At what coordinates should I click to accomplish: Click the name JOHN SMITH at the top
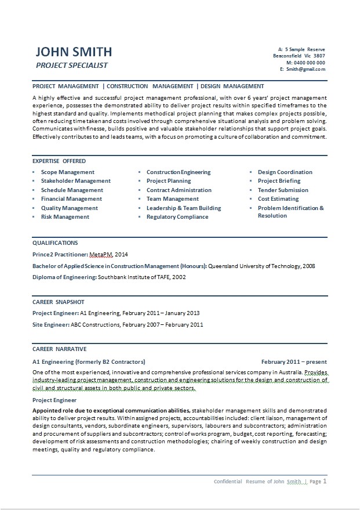(x=73, y=52)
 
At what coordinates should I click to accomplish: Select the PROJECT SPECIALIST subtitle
(x=72, y=65)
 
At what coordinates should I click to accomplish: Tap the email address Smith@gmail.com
(x=305, y=69)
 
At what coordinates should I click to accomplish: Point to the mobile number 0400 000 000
(x=309, y=63)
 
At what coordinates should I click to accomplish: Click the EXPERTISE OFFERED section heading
(x=59, y=161)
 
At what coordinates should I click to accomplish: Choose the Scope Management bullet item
(x=67, y=172)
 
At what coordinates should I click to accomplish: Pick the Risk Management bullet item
(x=65, y=217)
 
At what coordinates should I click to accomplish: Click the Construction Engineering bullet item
(x=179, y=172)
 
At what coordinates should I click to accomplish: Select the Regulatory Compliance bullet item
(x=177, y=217)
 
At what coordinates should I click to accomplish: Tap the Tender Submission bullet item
(x=283, y=190)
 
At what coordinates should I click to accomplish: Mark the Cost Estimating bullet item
(x=278, y=199)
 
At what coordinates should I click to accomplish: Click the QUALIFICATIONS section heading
(x=55, y=243)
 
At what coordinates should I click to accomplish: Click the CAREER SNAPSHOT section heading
(x=59, y=302)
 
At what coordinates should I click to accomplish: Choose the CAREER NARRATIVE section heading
(x=60, y=349)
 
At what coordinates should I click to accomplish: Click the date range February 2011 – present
(x=294, y=361)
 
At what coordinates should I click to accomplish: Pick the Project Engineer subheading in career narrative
(x=54, y=400)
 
